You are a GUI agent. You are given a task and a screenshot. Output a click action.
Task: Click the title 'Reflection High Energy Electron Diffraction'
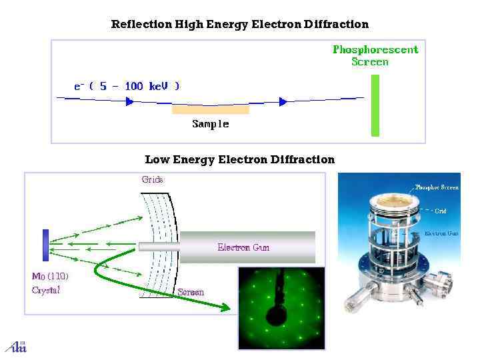tap(239, 25)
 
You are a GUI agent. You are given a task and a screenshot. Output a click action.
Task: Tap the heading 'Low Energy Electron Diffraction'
tap(239, 159)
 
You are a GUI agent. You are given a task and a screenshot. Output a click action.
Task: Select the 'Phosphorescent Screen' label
tap(375, 55)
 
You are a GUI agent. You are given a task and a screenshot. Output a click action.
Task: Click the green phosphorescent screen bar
tap(375, 105)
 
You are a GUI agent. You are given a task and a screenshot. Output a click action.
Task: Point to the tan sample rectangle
tap(211, 109)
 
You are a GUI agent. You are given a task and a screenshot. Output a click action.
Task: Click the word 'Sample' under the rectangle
tap(211, 124)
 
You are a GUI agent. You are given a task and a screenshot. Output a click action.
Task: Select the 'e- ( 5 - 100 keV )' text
tap(126, 86)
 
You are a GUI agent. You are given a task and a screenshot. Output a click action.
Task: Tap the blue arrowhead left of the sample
tap(130, 101)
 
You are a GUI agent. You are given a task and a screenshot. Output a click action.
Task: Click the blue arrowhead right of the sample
tap(283, 101)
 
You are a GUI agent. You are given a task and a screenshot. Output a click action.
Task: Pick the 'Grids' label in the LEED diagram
tap(152, 179)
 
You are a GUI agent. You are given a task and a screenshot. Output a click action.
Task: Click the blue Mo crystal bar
tap(45, 244)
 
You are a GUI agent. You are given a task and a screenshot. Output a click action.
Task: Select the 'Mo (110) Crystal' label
tap(49, 283)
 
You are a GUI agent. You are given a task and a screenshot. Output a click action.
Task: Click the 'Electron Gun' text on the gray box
tap(243, 247)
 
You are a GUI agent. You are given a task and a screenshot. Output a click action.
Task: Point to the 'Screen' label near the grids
tap(191, 292)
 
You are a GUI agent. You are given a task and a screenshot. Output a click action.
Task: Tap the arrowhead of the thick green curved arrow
tap(226, 307)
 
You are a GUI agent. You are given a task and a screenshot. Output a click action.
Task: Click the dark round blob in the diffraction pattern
tap(275, 315)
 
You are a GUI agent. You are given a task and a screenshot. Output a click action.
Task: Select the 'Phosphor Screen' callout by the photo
tap(437, 187)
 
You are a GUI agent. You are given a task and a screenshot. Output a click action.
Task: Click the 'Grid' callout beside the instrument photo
tap(441, 211)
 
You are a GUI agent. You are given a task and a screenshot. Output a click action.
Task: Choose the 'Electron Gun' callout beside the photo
tap(441, 234)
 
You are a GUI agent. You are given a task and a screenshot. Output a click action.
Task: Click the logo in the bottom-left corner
tap(15, 346)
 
